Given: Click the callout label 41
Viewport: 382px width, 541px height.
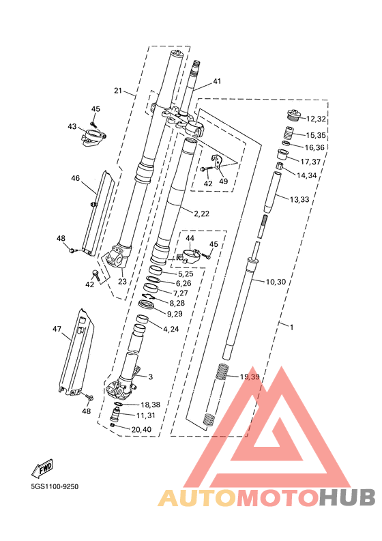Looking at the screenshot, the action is tap(217, 81).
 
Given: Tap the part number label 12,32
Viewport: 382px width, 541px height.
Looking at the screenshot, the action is tap(316, 119).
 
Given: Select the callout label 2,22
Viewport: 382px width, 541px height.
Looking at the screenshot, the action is tap(201, 214).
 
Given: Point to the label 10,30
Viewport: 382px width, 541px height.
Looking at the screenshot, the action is tap(276, 282).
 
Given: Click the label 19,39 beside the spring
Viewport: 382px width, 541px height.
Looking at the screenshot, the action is tap(250, 377).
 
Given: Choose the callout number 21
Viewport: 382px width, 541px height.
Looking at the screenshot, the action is tap(118, 91).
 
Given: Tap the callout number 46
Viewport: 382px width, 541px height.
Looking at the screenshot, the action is tap(75, 178).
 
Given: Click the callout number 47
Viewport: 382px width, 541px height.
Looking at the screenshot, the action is tap(57, 329).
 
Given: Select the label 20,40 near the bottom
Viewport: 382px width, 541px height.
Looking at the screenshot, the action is tap(141, 430).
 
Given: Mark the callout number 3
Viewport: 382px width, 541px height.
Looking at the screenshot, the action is tap(151, 377).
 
